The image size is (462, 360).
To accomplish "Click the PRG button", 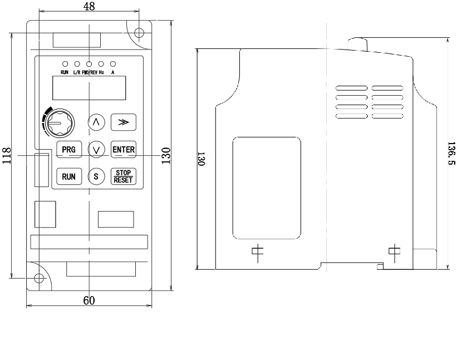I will (68, 149).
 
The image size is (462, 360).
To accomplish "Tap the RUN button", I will (68, 176).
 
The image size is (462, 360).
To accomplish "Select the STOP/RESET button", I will (122, 176).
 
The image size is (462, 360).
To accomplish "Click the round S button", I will (96, 176).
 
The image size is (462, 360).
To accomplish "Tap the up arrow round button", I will (96, 121).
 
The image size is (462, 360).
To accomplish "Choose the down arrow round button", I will (97, 149).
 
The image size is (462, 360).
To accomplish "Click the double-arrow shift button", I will (123, 121).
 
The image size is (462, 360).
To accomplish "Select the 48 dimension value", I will (89, 6).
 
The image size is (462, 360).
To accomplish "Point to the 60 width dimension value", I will (89, 300).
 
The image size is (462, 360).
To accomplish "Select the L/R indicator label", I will (77, 72).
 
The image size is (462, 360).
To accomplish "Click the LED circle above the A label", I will (113, 63).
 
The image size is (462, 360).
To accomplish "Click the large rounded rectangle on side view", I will (266, 187).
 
